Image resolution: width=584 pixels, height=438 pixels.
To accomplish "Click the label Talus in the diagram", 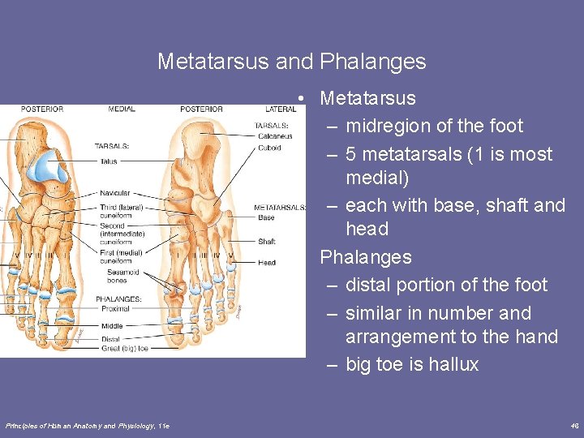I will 109,161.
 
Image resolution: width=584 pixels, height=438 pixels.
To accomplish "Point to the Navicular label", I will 114,194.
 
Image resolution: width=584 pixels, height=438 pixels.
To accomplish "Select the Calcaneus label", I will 275,136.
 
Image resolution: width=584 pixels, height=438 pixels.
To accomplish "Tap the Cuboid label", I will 269,147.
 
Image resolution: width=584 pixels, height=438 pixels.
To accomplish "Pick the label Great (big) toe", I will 125,348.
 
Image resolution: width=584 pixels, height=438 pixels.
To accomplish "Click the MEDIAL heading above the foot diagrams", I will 121,109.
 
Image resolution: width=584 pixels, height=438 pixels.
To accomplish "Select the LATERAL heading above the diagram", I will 281,109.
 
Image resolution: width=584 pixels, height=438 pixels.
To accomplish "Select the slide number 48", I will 574,426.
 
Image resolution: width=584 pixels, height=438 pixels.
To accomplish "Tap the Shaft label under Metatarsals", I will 267,241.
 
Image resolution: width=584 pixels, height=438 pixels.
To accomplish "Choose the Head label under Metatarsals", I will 267,262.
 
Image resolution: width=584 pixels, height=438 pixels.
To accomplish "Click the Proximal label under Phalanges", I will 115,309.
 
